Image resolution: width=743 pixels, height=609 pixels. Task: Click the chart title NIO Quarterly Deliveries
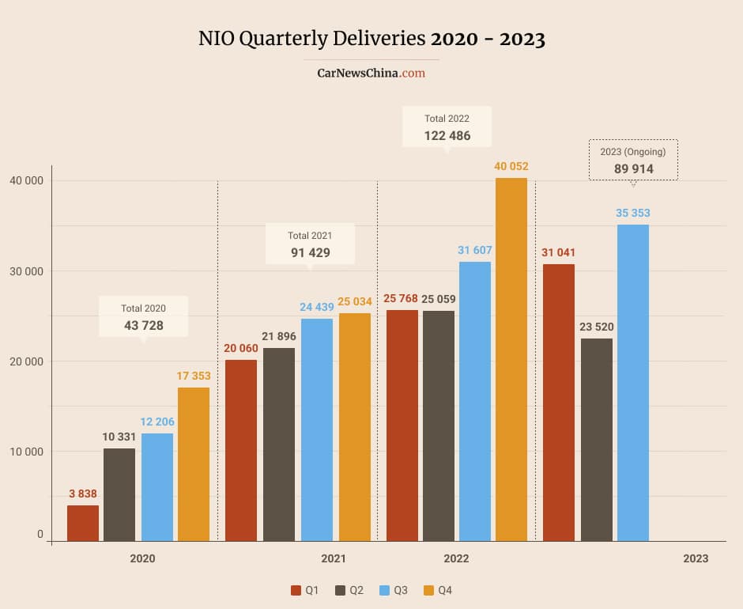point(371,39)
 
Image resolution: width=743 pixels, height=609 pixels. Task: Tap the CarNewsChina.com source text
point(371,73)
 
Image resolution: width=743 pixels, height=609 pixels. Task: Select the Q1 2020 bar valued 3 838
point(83,523)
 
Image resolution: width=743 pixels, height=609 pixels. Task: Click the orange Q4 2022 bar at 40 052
point(511,359)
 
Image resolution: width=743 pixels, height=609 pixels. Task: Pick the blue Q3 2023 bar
point(633,383)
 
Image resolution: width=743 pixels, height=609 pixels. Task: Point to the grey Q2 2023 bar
point(597,440)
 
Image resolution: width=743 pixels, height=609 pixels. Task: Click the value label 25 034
point(354,301)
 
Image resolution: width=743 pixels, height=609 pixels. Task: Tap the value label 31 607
point(474,250)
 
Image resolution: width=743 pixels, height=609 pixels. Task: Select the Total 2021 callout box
point(310,244)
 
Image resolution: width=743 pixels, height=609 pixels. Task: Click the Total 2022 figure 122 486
point(447,135)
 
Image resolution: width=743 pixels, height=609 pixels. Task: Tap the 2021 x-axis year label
point(334,558)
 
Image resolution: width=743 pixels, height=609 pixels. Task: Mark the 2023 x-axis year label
point(696,558)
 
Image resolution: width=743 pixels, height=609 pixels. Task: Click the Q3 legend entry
point(394,590)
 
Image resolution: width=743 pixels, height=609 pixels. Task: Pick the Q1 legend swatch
point(296,590)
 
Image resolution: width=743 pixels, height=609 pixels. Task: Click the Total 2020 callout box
point(143,317)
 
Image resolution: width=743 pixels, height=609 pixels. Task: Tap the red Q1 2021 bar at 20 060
point(241,450)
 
